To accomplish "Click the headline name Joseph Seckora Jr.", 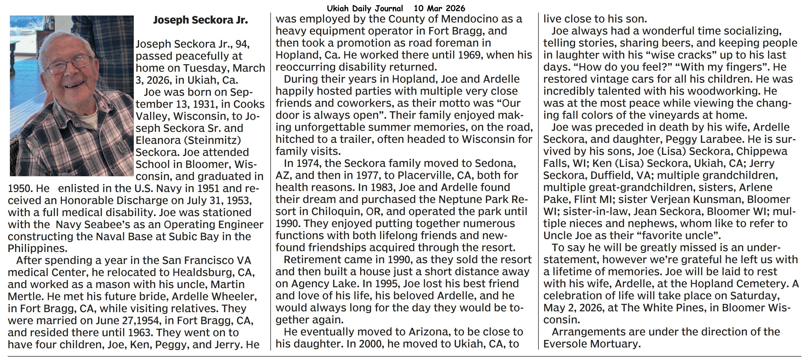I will coord(200,20).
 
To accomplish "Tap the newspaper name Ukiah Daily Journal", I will coord(365,8).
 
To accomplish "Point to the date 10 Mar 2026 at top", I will coord(439,8).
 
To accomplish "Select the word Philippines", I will coord(37,248).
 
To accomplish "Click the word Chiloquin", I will coord(329,212).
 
